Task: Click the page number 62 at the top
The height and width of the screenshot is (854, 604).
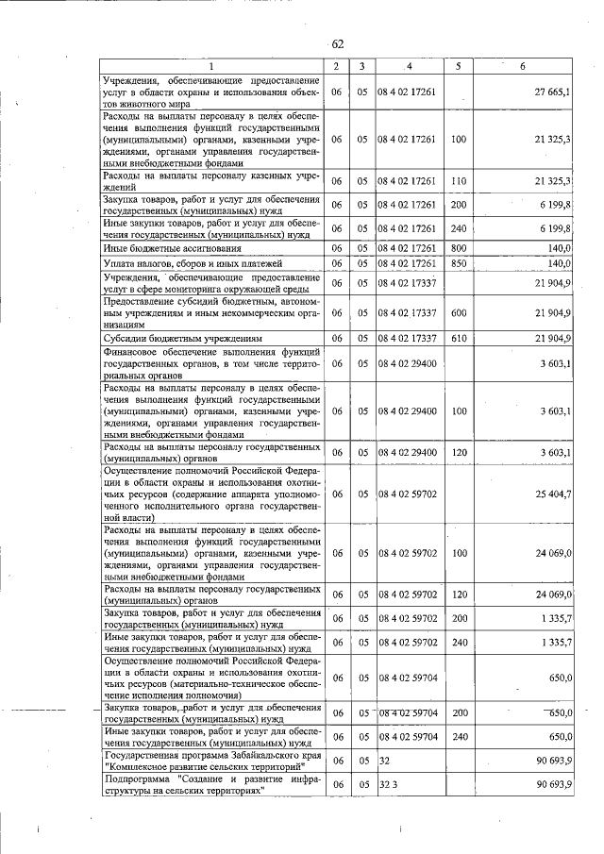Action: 337,43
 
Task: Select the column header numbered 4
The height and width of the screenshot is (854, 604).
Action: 410,66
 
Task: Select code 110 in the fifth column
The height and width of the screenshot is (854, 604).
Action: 459,180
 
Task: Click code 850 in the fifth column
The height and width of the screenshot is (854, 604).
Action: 459,262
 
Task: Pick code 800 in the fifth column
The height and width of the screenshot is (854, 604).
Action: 459,246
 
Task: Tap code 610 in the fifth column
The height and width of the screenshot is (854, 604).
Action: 459,337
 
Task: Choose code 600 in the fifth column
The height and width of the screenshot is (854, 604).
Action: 459,312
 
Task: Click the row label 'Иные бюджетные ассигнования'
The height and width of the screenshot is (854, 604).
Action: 162,246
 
